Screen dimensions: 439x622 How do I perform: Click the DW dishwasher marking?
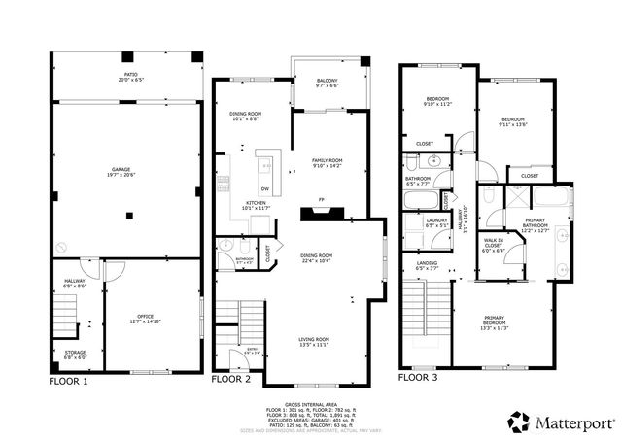pos(264,187)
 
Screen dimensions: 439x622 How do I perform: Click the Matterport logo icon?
pos(518,420)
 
